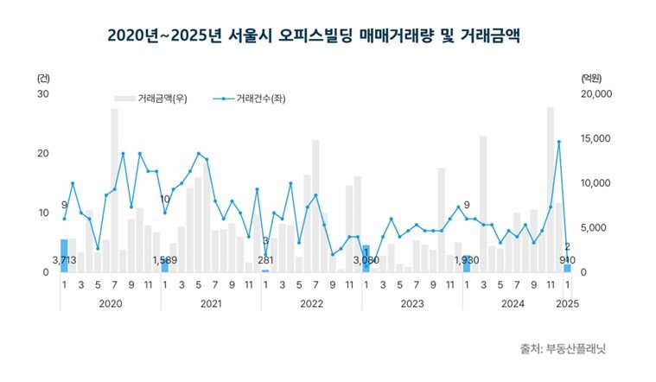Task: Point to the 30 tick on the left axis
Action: [x=42, y=94]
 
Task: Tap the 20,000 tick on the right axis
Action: [x=595, y=94]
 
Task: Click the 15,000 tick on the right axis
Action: [x=595, y=139]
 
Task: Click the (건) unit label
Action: [x=43, y=78]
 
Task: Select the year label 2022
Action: [x=312, y=302]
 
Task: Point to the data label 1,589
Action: [x=165, y=260]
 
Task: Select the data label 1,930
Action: [x=468, y=260]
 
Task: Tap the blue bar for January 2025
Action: [x=567, y=268]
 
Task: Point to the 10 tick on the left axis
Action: [x=42, y=213]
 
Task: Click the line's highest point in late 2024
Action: [x=558, y=142]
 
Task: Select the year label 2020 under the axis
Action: [x=111, y=302]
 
